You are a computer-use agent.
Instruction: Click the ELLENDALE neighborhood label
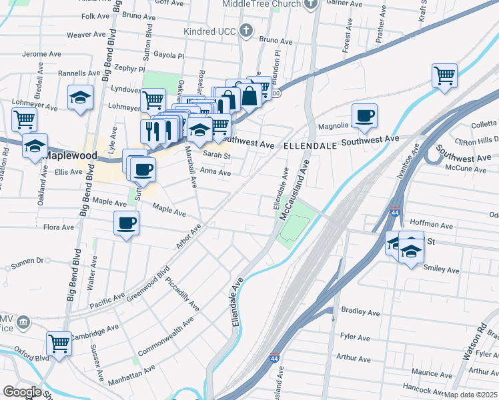(308, 145)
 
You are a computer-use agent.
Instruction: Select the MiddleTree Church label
(262, 3)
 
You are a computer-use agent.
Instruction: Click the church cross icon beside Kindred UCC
(247, 31)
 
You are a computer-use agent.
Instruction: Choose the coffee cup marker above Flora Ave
(126, 224)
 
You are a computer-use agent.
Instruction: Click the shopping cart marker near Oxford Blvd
(59, 344)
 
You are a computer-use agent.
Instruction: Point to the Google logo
(22, 392)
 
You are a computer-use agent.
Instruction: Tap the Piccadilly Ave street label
(182, 295)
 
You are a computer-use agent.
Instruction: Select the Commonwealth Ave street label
(165, 336)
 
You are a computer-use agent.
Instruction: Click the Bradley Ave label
(360, 311)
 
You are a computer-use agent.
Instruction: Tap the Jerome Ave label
(42, 53)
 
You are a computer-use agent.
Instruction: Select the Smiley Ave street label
(442, 270)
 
